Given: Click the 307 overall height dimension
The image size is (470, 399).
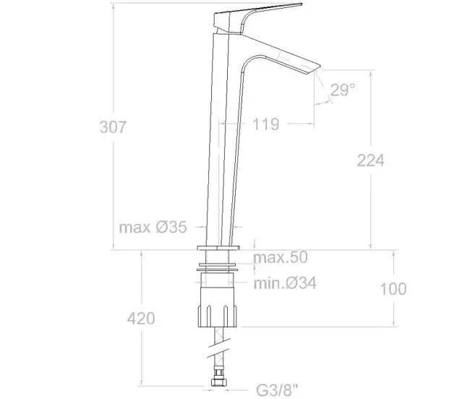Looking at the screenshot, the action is click(113, 127).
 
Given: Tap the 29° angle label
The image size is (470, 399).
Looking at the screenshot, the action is click(343, 90).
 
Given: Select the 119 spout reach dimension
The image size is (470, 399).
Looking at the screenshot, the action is click(266, 124).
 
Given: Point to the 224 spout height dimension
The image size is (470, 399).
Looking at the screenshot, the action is click(370, 160).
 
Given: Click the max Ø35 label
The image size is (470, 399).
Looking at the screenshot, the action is click(153, 227).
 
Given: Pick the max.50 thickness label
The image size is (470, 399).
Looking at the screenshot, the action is click(281, 257).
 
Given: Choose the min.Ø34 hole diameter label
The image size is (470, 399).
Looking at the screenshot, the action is click(285, 283).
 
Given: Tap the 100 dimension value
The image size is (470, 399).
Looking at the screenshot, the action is click(393, 289).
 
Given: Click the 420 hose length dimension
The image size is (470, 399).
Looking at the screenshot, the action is click(141, 318).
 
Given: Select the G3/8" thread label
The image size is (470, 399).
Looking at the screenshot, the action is click(278, 390).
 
